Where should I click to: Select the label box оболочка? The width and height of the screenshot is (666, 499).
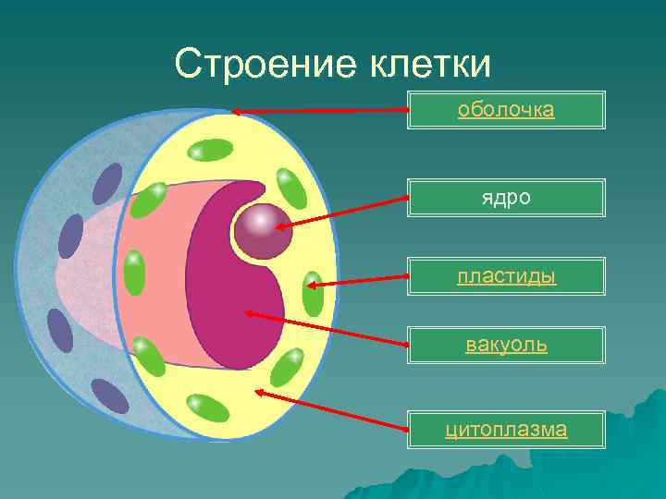point(506,110)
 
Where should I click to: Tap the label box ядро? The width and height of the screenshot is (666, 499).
point(506,198)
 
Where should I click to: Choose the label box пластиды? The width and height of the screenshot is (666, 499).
point(506,275)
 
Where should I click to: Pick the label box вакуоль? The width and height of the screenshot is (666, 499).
point(506,346)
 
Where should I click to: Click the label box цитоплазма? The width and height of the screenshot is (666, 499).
point(506,429)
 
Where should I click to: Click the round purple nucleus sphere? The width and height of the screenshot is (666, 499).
point(263,231)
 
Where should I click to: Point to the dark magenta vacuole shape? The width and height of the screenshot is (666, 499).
point(231,277)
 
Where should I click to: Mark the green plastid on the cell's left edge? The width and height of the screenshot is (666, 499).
point(134,273)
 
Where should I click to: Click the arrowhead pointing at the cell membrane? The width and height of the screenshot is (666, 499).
point(237,111)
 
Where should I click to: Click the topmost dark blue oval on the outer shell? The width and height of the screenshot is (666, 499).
point(108,183)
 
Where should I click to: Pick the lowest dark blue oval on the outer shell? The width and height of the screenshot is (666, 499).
point(110,396)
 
